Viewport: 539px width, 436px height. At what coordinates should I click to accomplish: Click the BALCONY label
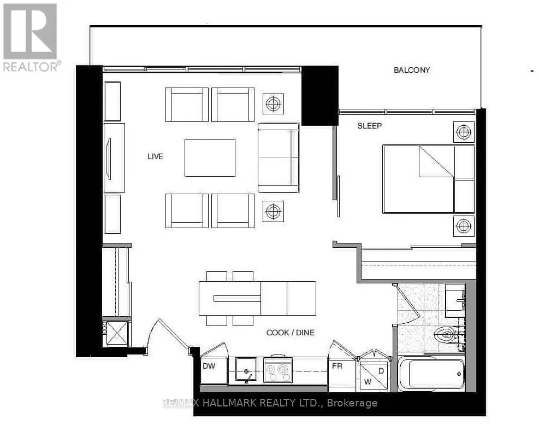tap(411, 70)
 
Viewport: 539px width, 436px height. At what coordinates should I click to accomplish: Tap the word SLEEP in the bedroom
tap(370, 126)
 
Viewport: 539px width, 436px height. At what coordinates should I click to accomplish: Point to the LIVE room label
tap(156, 156)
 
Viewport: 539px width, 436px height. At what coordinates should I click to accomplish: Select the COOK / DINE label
tap(291, 333)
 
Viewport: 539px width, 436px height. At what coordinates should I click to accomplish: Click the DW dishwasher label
tap(209, 366)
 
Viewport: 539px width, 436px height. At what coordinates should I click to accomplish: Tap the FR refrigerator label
tap(337, 366)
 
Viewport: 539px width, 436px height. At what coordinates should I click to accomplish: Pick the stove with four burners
tap(278, 370)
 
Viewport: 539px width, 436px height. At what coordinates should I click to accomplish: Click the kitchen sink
tap(246, 369)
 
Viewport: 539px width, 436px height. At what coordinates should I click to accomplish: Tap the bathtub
tap(431, 374)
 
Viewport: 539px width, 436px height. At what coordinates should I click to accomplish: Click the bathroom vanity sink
tap(455, 300)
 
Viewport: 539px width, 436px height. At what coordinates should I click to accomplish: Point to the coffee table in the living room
tap(210, 158)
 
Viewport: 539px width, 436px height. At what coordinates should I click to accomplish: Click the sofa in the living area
tap(279, 158)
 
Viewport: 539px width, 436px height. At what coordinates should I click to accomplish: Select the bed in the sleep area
tap(429, 179)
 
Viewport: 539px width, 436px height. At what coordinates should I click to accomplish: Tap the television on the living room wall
tap(110, 159)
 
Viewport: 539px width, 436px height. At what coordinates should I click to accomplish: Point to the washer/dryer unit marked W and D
tap(374, 376)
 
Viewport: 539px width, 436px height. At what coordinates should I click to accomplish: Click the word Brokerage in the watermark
tap(352, 403)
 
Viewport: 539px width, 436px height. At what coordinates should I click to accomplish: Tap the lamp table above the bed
tap(464, 132)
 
